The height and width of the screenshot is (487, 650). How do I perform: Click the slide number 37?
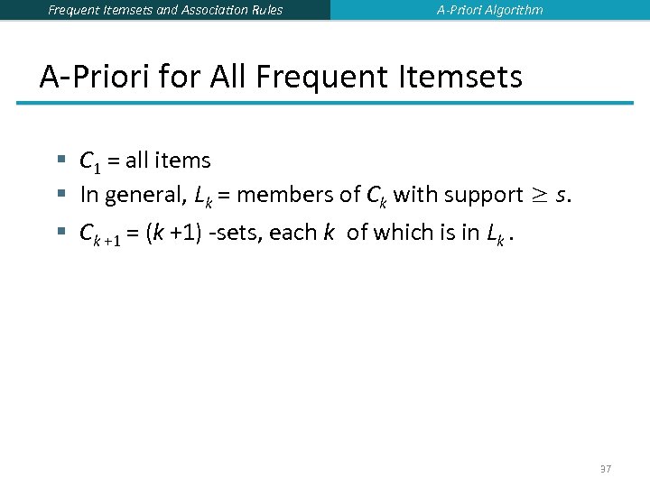coord(605,469)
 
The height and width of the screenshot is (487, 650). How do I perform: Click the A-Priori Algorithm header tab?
coord(490,10)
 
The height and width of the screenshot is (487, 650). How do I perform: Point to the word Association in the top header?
coord(208,10)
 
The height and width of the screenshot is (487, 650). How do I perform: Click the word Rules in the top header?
coord(265,10)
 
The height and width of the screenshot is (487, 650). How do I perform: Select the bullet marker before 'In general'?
coord(61,193)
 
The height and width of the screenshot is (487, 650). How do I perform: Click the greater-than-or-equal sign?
coord(539,195)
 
